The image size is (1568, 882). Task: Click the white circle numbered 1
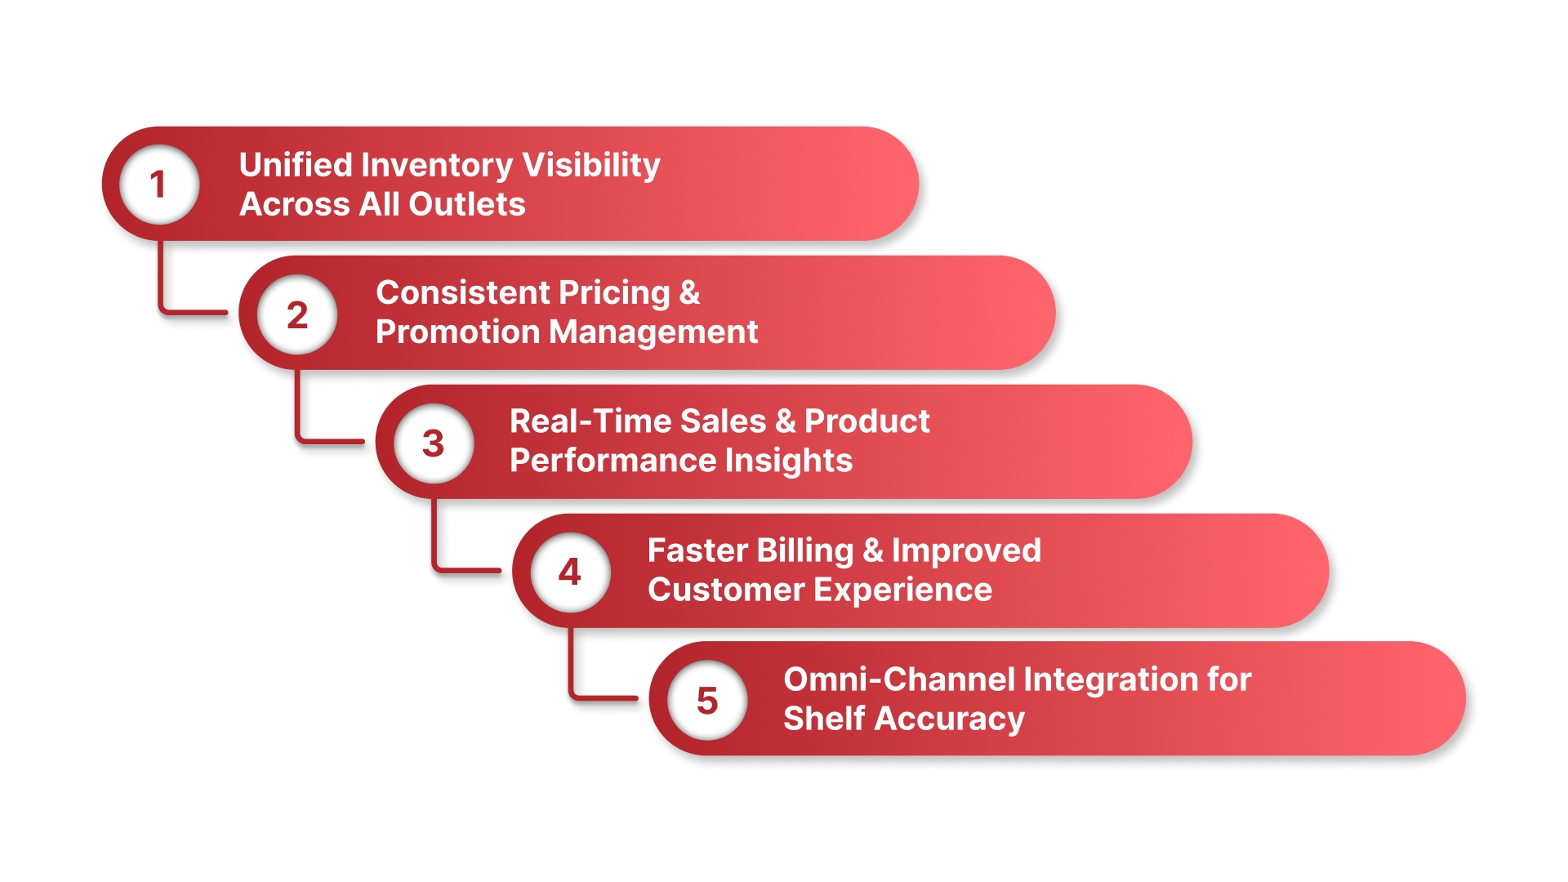pos(159,185)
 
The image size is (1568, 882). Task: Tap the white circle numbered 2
pos(297,314)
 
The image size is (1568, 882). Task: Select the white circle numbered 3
pos(434,443)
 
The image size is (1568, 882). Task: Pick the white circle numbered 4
pos(570,572)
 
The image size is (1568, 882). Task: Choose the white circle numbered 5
pos(707,701)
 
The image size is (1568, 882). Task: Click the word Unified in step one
pos(296,165)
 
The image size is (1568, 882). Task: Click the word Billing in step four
pos(805,550)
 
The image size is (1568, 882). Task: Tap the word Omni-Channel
pos(899,679)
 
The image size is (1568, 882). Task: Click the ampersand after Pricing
pos(689,293)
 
